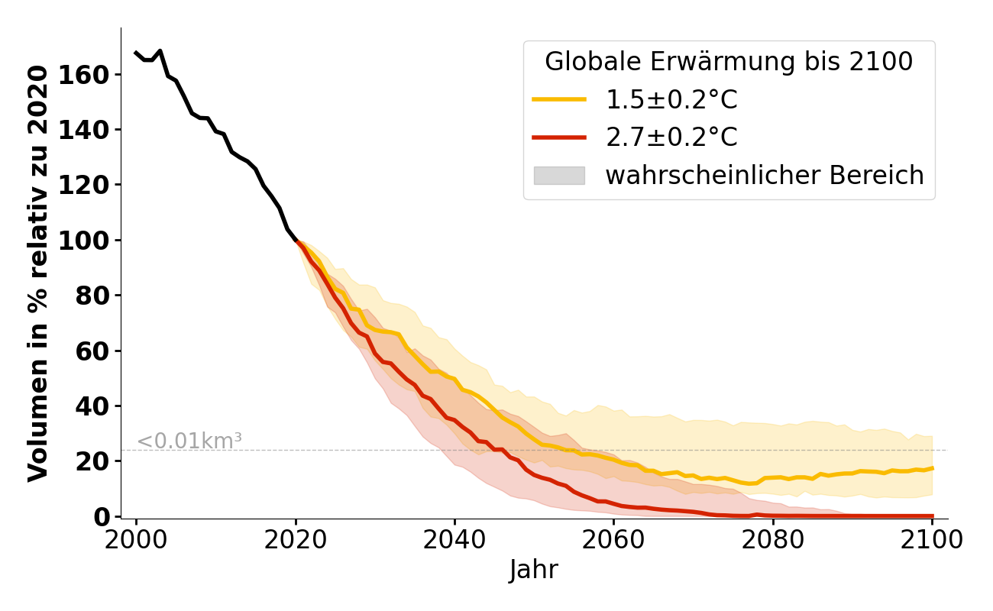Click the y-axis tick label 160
pyautogui.click(x=92, y=75)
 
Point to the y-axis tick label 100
pyautogui.click(x=92, y=241)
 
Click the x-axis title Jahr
pyautogui.click(x=533, y=570)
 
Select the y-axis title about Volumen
pyautogui.click(x=38, y=273)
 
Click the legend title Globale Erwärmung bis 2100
pyautogui.click(x=729, y=62)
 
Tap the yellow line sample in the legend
pyautogui.click(x=559, y=99)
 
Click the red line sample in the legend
pyautogui.click(x=559, y=137)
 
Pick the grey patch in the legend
pyautogui.click(x=559, y=176)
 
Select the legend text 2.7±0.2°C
pyautogui.click(x=671, y=137)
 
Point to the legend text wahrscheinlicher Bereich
pyautogui.click(x=765, y=176)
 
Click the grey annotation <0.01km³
pyautogui.click(x=189, y=441)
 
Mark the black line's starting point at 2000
pyautogui.click(x=136, y=53)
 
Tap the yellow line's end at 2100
pyautogui.click(x=932, y=468)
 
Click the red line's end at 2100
pyautogui.click(x=932, y=516)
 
